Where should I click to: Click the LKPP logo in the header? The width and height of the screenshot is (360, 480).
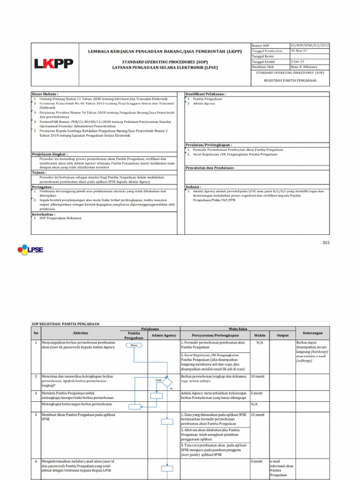(53, 63)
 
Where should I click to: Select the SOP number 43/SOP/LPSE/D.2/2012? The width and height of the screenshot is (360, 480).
(309, 45)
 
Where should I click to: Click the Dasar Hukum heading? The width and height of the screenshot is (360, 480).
(45, 94)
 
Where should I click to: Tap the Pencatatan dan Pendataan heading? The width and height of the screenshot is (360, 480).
(210, 167)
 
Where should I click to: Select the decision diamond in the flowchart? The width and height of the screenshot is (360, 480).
(167, 383)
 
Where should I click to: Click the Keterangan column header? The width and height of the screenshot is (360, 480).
(313, 333)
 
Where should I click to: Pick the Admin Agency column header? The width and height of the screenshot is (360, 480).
(164, 335)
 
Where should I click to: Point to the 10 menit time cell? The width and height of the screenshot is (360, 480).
(258, 376)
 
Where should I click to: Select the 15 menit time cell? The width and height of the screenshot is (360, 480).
(258, 415)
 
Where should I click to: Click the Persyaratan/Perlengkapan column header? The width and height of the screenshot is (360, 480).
(214, 335)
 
